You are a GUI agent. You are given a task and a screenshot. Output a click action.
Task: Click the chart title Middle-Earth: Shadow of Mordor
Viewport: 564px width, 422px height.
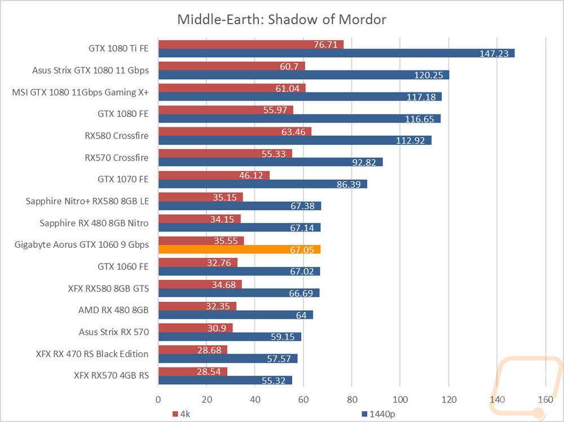[281, 19]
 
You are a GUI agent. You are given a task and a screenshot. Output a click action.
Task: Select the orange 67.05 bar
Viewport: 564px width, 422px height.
[240, 249]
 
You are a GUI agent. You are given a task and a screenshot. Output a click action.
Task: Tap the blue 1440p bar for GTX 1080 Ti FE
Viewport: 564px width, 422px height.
[336, 53]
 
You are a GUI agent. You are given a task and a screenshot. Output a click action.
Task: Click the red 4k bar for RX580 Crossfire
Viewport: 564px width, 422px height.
[235, 131]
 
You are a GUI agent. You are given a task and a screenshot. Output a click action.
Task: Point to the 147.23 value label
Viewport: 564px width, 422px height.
[494, 54]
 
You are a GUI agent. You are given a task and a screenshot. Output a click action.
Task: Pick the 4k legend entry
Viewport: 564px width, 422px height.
[181, 414]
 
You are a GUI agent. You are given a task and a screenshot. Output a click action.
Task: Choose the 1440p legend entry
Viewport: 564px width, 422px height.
[378, 414]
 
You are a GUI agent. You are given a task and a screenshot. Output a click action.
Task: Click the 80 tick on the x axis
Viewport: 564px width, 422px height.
[352, 399]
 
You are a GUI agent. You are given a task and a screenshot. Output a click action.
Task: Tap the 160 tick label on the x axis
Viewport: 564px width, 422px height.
[545, 399]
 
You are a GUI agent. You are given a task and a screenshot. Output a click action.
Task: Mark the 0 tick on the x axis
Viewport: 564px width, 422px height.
[158, 399]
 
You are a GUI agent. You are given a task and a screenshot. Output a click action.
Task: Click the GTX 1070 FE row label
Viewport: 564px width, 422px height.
[123, 179]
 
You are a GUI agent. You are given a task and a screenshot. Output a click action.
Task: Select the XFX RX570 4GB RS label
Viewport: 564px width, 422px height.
[112, 376]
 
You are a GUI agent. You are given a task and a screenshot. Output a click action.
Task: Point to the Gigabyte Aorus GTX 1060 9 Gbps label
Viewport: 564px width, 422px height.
[82, 245]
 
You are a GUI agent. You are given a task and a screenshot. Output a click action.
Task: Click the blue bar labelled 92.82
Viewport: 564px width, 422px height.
[271, 162]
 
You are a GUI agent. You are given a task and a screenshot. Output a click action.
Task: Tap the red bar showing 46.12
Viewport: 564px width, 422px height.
[214, 175]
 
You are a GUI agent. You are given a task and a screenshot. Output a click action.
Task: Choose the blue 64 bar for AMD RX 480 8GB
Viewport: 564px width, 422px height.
[236, 315]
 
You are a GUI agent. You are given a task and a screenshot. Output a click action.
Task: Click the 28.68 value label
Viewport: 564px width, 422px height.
[209, 350]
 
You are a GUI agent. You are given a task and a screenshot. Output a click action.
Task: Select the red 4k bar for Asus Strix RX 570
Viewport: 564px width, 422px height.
[195, 328]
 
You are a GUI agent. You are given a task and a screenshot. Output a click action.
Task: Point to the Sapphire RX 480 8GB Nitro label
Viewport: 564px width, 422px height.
[94, 223]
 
